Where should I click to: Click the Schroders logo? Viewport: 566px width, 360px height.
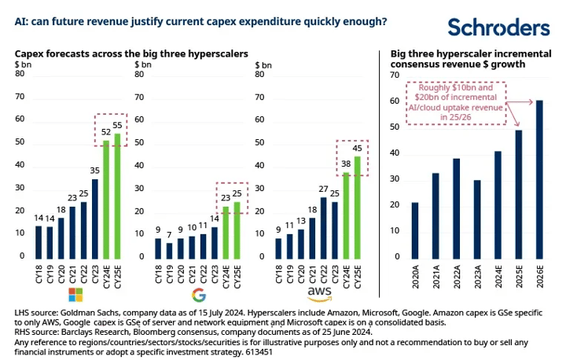[x=498, y=27]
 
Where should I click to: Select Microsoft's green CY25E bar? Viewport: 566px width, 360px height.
[x=117, y=197]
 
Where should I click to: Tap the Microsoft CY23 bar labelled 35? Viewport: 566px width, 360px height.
[x=95, y=219]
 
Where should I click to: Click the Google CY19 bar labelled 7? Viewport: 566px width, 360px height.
[x=169, y=251]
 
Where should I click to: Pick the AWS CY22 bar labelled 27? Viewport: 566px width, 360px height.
[x=323, y=228]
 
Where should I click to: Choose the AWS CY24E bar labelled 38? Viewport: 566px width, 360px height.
[x=346, y=216]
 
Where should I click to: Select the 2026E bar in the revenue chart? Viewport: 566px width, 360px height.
[x=539, y=180]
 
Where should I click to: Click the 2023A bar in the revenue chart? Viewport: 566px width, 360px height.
[x=477, y=219]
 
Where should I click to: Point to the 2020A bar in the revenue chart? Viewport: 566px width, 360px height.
[x=415, y=231]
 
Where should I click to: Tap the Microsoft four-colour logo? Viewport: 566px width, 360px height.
[x=75, y=295]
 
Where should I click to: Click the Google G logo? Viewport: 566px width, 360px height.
[x=199, y=295]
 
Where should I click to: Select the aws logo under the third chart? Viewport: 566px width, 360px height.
[x=319, y=294]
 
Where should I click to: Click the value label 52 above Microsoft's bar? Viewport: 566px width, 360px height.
[x=106, y=132]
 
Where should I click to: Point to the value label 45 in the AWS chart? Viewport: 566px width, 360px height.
[x=357, y=148]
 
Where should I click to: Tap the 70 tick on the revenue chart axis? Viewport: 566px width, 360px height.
[x=395, y=75]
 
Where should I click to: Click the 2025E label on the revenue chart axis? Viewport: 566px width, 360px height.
[x=519, y=277]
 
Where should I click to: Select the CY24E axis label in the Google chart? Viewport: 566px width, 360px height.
[x=226, y=277]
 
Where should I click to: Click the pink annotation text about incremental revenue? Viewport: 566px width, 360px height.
[x=455, y=102]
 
